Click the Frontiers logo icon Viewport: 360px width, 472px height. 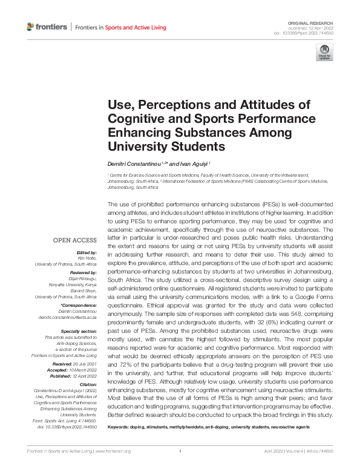pyautogui.click(x=31, y=27)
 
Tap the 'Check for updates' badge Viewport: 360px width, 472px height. pyautogui.click(x=324, y=52)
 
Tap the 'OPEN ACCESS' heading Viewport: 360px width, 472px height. pyautogui.click(x=75, y=240)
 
